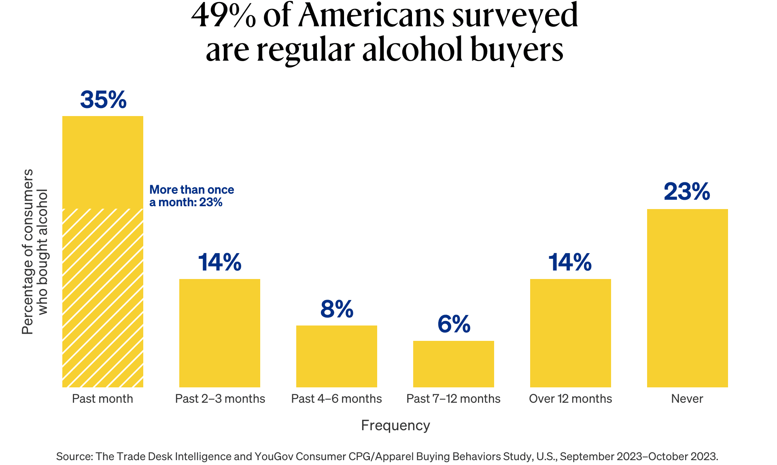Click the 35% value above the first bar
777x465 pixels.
(x=103, y=100)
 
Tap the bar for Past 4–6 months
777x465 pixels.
(x=336, y=356)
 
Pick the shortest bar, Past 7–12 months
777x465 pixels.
(x=453, y=364)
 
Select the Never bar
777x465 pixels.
(x=687, y=298)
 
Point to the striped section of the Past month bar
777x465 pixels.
(x=103, y=298)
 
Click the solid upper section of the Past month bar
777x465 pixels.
(x=103, y=162)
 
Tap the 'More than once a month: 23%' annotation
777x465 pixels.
(x=191, y=196)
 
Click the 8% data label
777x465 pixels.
(x=337, y=309)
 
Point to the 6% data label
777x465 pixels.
(x=454, y=324)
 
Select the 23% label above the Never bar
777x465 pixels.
(x=687, y=192)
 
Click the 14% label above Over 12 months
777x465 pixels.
(x=570, y=262)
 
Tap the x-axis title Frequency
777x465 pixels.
(x=395, y=425)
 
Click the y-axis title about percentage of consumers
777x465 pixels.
(x=34, y=252)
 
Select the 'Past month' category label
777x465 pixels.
(x=102, y=399)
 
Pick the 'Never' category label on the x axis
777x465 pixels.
(x=687, y=399)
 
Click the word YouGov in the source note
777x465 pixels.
(x=274, y=457)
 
